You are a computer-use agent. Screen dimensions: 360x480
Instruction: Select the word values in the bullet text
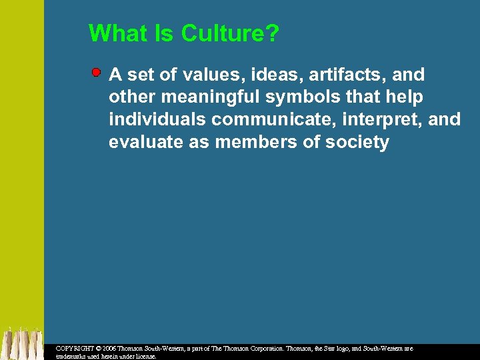click(x=197, y=74)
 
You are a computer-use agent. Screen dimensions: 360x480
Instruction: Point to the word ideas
click(x=263, y=74)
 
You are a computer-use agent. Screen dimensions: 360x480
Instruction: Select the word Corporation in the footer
click(x=267, y=349)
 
